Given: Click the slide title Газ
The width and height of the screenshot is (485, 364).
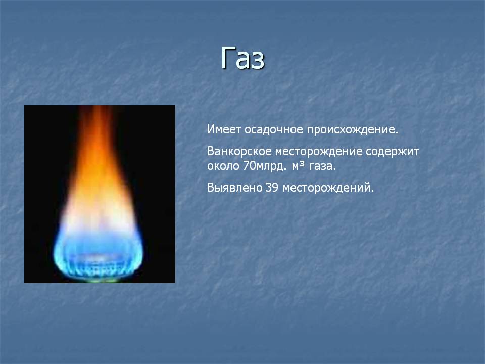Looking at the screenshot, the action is tap(243, 58).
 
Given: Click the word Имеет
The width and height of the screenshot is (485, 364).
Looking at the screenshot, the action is tap(224, 129).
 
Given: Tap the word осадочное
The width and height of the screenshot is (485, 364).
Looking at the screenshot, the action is tap(273, 130).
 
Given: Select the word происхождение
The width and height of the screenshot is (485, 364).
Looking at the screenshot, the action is tap(352, 130).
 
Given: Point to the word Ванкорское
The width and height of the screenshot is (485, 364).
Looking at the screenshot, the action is tap(239, 151).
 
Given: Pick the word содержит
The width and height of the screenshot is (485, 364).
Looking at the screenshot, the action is tap(393, 151).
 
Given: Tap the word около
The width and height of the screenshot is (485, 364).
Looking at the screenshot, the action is tap(223, 166).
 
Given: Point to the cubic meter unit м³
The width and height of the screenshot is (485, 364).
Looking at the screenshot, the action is tap(299, 166).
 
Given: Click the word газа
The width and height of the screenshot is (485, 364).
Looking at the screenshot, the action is tap(323, 166).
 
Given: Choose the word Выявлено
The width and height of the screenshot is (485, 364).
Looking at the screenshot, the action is tap(235, 188).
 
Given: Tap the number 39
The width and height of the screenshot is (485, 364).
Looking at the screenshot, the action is tap(272, 188).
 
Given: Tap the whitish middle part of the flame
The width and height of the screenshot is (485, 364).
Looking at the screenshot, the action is tap(99, 217).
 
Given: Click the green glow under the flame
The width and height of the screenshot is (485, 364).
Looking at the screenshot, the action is tap(99, 280).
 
